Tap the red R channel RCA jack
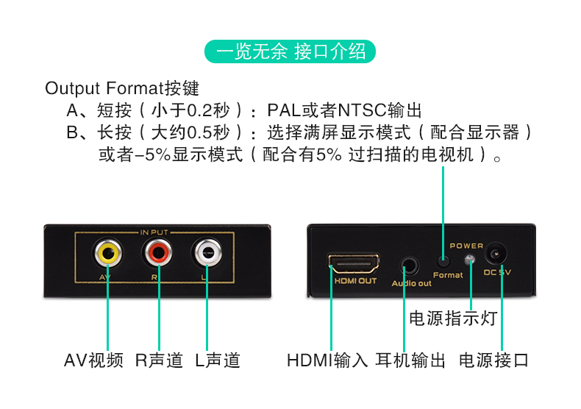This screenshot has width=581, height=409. pos(158,255)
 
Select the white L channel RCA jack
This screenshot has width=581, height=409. pos(207,255)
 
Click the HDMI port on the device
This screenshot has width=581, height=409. pos(355,263)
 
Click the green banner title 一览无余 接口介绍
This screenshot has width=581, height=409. pos(290,51)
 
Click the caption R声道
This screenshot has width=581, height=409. pos(159,360)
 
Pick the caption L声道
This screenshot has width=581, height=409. pos(218,360)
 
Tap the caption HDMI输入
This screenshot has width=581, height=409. pos(327,360)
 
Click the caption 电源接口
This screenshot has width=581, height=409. pos(493,360)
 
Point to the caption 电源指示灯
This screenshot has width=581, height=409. pos(453,319)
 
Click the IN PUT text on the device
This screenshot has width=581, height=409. pos(154,232)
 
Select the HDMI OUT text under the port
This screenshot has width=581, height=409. pos(356,280)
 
